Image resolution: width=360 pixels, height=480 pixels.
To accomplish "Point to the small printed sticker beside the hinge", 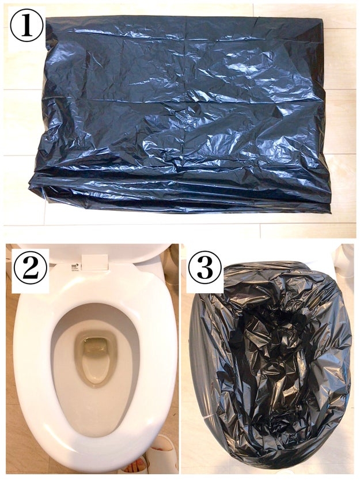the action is [74, 267].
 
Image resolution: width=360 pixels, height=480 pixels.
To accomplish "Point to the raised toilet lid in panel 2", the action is [92, 252].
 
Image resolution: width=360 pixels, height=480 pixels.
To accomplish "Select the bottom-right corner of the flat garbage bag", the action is [331, 212].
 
